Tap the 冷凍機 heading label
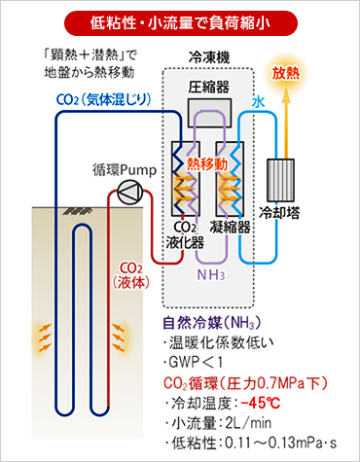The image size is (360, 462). point(207,59)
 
